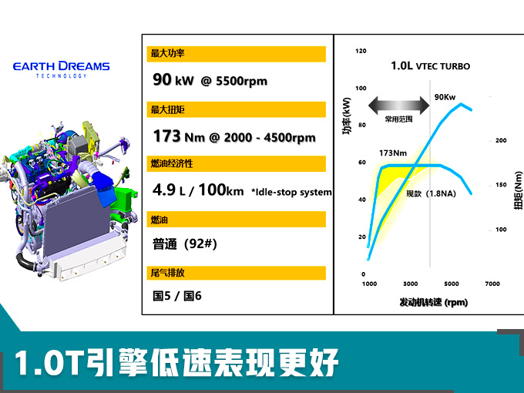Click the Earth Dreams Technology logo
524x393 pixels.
[61, 69]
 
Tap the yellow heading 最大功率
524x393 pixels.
[236, 54]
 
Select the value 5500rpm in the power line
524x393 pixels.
[241, 81]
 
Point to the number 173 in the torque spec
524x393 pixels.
[166, 136]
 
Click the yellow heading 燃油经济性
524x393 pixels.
[236, 163]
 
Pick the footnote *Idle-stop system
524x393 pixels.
[291, 192]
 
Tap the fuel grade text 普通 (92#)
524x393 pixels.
[185, 244]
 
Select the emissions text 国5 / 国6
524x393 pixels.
[177, 296]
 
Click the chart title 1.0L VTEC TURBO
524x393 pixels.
[431, 65]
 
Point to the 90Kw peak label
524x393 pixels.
[445, 97]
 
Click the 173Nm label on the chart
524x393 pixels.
[393, 153]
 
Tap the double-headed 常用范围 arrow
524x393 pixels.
[398, 106]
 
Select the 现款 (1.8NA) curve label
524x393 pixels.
[431, 193]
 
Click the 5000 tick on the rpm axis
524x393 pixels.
[451, 284]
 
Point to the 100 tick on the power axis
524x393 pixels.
[361, 88]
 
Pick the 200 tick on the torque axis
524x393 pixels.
[501, 140]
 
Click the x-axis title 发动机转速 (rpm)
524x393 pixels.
[433, 302]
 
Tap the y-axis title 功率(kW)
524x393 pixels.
[347, 116]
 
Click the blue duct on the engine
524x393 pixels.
[104, 187]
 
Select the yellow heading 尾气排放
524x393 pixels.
[236, 273]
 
